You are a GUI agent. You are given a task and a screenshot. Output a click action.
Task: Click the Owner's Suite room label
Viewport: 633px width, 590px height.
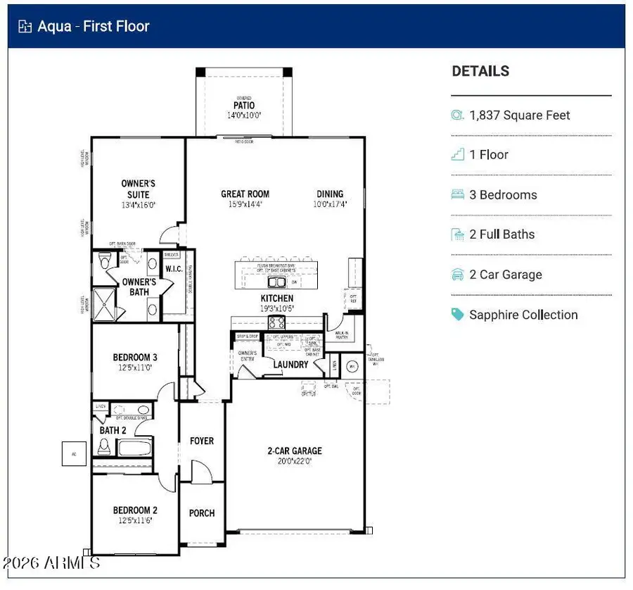pos(138,189)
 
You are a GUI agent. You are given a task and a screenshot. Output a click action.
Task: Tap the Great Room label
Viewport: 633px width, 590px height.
pos(245,194)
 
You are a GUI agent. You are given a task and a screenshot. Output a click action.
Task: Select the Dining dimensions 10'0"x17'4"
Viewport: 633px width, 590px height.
pos(330,204)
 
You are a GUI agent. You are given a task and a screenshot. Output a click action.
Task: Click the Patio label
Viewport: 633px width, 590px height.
pos(244,106)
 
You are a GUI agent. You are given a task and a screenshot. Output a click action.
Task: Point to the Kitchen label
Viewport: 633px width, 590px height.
pos(277,299)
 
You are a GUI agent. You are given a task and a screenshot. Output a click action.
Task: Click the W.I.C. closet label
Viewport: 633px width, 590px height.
pos(174,270)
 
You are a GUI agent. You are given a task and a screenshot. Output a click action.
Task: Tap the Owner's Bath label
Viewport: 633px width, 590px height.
pos(139,287)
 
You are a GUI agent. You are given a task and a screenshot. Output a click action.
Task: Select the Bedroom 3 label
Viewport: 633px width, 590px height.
pos(135,358)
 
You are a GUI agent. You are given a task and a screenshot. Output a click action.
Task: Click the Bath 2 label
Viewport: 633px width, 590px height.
pos(113,430)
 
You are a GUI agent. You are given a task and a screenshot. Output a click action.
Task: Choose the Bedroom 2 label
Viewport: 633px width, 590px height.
pos(135,510)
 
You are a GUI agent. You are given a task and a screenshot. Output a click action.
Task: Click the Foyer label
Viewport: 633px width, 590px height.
pos(202,441)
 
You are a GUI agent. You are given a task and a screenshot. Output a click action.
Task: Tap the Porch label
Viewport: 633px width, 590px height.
pos(202,513)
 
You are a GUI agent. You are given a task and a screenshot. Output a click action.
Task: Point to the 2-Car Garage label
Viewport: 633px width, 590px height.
pos(295,451)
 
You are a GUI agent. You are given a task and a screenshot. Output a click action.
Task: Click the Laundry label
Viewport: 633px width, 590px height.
pos(290,365)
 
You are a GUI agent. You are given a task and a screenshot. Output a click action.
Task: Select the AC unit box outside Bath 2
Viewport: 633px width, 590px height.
pos(74,454)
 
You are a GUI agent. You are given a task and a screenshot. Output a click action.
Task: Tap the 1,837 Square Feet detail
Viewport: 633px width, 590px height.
pos(519,115)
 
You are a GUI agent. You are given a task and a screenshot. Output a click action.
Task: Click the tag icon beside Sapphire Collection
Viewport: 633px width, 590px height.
pos(458,315)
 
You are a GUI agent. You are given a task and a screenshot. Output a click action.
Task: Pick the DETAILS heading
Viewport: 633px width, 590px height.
pos(480,71)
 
